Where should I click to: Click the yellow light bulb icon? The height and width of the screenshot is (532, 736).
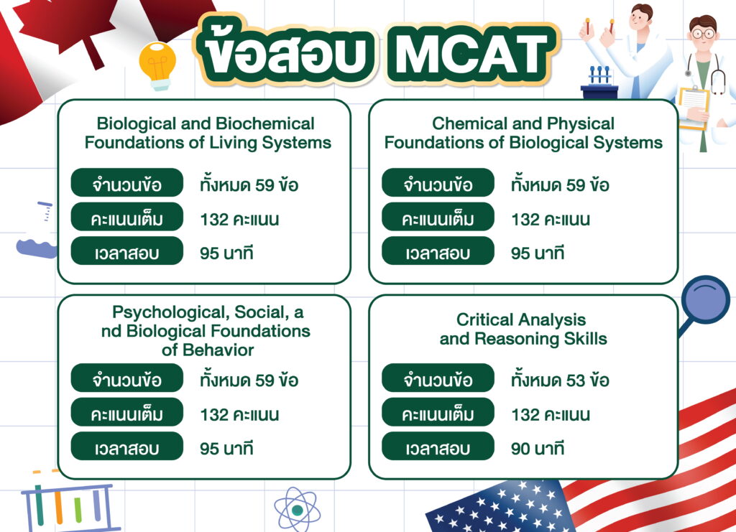point(157,65)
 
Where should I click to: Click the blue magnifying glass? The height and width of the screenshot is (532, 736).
point(704,303)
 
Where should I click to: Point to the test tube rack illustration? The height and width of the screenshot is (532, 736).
point(69,504)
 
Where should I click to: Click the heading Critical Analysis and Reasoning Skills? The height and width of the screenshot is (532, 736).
point(523,329)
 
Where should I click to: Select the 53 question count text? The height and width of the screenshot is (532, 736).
point(560,380)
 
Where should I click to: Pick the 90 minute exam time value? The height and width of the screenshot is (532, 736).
point(538,449)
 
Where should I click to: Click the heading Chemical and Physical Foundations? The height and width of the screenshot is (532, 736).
point(523,133)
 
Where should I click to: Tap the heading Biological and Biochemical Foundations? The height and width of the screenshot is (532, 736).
point(208,133)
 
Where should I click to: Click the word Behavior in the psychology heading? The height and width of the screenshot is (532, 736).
point(218,350)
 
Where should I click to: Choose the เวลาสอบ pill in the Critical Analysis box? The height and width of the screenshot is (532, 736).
point(438,447)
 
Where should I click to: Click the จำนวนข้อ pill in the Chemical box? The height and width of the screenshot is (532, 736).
point(438,183)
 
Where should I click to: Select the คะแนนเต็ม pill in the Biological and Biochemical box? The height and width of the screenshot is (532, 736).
point(126,217)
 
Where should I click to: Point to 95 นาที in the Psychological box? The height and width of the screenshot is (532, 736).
point(226,449)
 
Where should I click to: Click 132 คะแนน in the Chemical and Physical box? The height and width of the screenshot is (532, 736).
point(551,220)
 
